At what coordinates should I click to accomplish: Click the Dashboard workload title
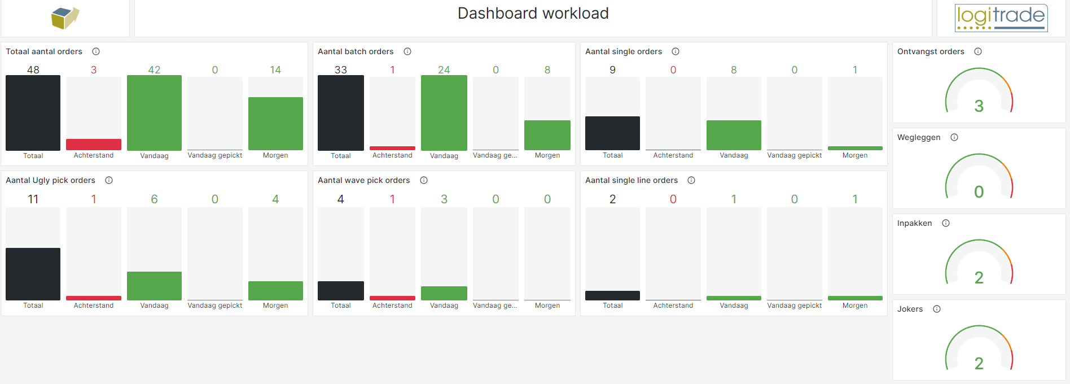(x=533, y=14)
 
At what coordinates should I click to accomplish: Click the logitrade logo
(x=1001, y=18)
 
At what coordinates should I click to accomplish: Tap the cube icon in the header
(x=65, y=18)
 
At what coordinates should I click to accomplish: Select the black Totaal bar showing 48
(x=33, y=112)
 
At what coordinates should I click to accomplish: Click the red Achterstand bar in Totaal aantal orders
(x=94, y=145)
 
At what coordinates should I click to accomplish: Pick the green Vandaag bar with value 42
(x=154, y=112)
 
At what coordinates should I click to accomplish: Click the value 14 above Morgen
(x=275, y=70)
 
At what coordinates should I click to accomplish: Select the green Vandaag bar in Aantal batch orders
(x=444, y=112)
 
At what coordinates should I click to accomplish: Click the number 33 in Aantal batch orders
(x=341, y=70)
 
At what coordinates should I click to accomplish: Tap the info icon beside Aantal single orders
(x=676, y=51)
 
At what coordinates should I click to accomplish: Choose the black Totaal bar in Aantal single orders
(x=612, y=133)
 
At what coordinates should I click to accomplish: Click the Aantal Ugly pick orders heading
(x=50, y=180)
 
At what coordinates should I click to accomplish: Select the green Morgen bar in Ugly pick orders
(x=275, y=291)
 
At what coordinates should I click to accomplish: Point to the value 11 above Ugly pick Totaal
(x=33, y=199)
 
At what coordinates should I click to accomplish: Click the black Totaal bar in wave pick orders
(x=341, y=291)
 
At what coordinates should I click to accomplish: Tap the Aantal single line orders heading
(x=631, y=180)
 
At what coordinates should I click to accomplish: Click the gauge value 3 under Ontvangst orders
(x=979, y=106)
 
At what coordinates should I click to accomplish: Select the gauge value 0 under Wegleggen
(x=979, y=192)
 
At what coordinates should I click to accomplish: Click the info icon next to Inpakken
(x=946, y=223)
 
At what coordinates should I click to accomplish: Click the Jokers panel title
(x=910, y=309)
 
